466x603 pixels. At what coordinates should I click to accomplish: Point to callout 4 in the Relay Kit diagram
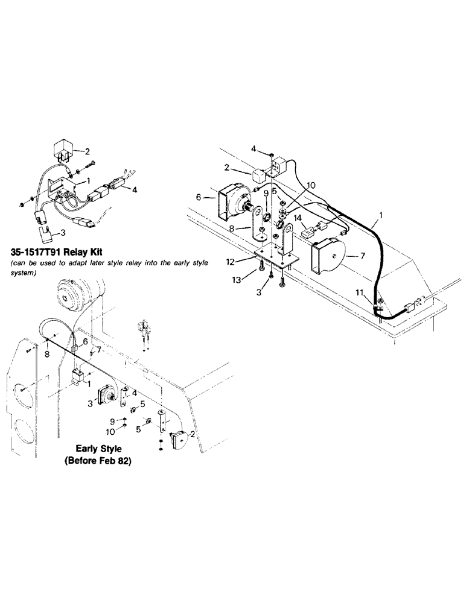click(x=135, y=189)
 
